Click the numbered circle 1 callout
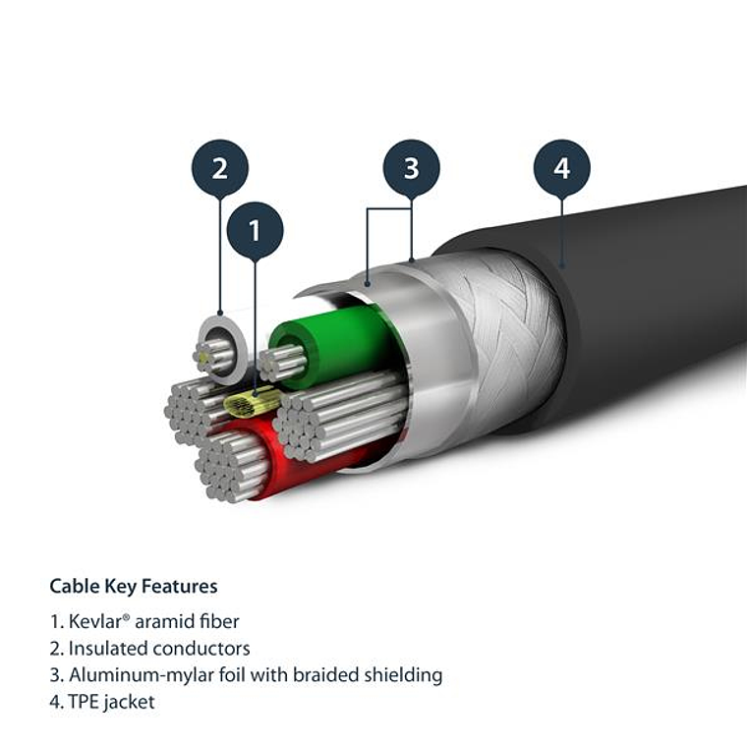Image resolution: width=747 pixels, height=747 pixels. click(255, 231)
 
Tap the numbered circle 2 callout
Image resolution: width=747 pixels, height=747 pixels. click(219, 167)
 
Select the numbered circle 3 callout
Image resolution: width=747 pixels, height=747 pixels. click(411, 167)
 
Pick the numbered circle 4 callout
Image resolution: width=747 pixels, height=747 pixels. click(561, 168)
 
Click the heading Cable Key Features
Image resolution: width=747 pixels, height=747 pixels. click(134, 586)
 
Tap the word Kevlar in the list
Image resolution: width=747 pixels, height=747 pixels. click(95, 621)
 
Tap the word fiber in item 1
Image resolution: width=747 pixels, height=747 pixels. click(218, 621)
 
